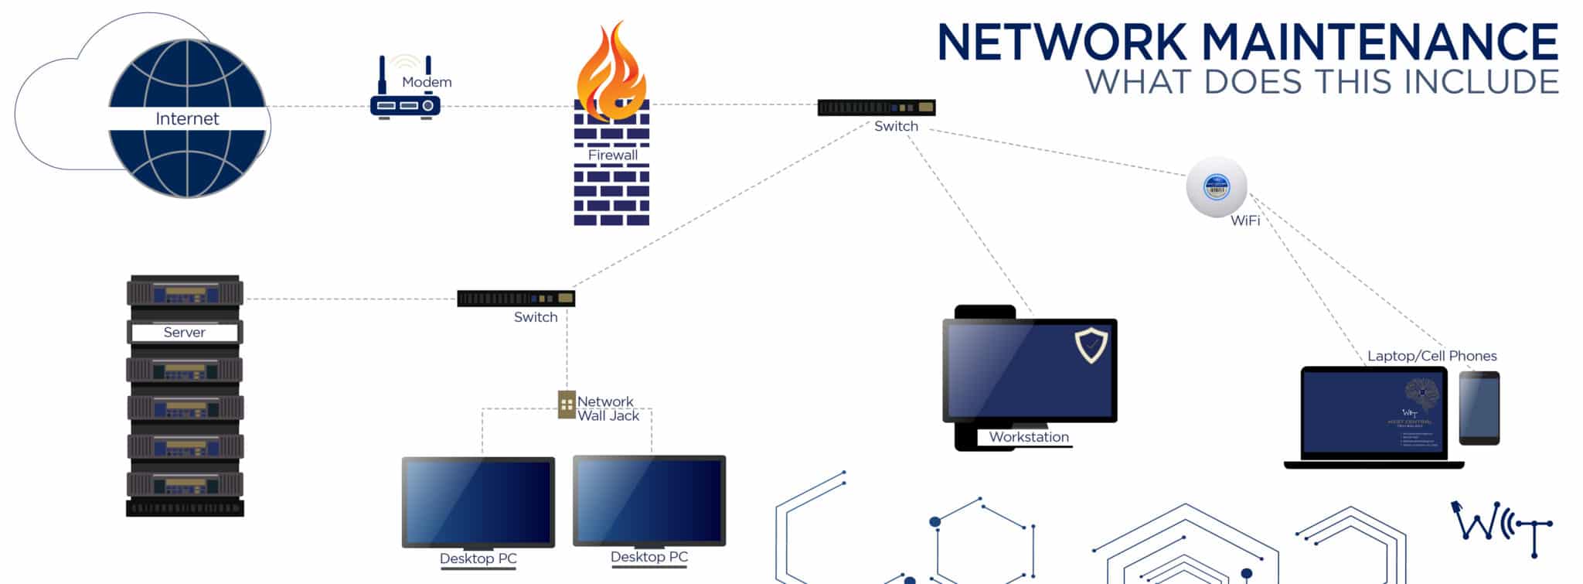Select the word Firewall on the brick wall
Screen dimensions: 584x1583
612,155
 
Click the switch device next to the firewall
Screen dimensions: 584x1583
876,108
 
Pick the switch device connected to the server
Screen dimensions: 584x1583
516,299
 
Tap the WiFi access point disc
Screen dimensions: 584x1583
1217,187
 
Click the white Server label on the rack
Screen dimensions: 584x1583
185,333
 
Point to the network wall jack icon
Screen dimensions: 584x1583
567,404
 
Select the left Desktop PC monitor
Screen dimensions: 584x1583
478,501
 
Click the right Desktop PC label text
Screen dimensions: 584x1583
649,557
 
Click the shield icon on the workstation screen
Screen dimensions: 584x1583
1091,344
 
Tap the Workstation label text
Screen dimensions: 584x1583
1029,437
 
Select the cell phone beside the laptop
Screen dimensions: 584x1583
1479,408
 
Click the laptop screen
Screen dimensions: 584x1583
1374,413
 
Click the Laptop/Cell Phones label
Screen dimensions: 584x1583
1432,356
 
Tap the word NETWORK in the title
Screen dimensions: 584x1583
1061,43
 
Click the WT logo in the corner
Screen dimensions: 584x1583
1502,528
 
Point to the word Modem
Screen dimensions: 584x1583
427,82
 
